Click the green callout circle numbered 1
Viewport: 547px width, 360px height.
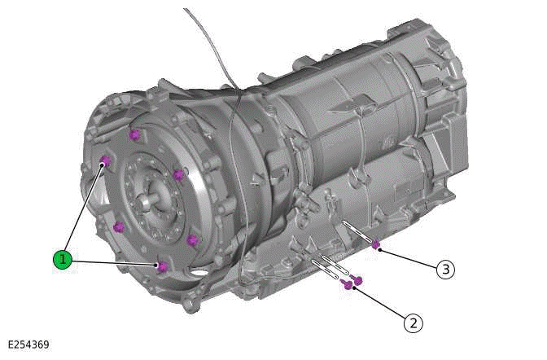(63, 260)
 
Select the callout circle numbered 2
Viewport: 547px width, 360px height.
(414, 323)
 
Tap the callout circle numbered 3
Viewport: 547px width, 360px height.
(444, 269)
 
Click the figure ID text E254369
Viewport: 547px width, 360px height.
(29, 345)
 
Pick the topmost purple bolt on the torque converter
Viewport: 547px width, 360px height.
(134, 134)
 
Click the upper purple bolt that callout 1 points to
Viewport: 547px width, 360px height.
(104, 161)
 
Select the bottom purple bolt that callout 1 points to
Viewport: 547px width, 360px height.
(162, 267)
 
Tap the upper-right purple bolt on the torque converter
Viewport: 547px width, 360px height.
(177, 174)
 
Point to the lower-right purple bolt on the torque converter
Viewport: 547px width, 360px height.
(192, 239)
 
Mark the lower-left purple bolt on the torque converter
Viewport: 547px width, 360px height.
(119, 226)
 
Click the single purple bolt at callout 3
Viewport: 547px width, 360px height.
(375, 244)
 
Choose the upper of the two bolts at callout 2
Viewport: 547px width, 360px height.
(357, 280)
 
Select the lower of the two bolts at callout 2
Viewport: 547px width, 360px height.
(348, 285)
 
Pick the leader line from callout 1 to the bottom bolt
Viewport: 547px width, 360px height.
(114, 263)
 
